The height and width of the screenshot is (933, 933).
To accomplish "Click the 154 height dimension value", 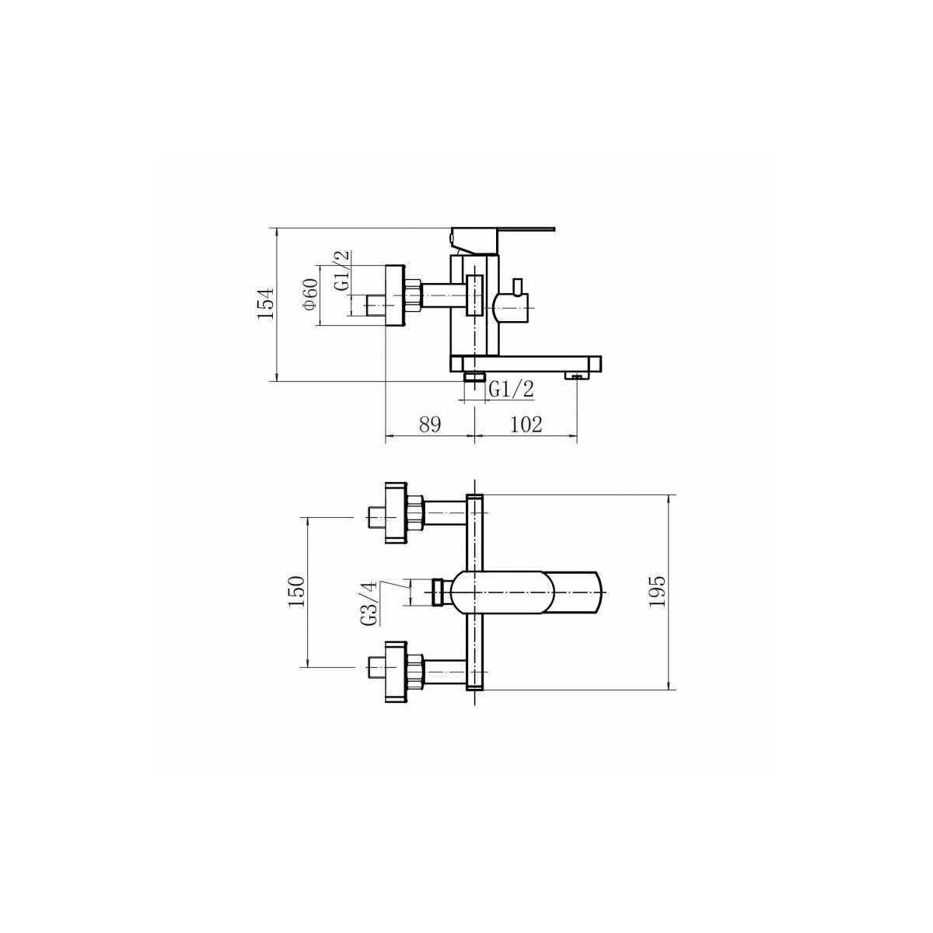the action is (x=265, y=303).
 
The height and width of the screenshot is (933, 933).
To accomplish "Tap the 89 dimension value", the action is (x=430, y=425).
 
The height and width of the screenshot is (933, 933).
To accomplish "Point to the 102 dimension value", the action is (x=526, y=425).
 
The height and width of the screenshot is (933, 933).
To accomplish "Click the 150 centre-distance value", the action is (x=295, y=591).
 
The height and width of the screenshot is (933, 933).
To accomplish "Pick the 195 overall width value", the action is (x=658, y=591).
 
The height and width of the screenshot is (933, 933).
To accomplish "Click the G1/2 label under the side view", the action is (x=512, y=390).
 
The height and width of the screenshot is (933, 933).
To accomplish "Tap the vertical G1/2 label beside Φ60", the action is (x=341, y=271).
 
